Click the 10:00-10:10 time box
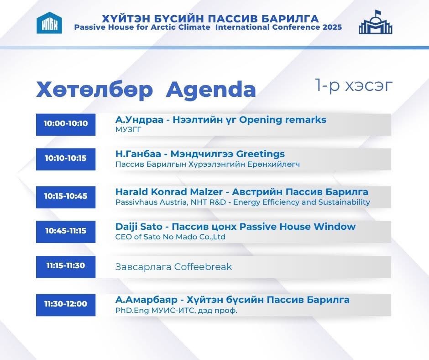[66, 124]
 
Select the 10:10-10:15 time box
[66, 159]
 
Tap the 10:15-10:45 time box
[66, 196]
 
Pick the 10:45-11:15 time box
[66, 231]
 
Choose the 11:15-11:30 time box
[66, 266]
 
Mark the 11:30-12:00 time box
[66, 304]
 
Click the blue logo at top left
[49, 23]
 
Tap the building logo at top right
[375, 22]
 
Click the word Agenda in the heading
[210, 90]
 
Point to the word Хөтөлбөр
[94, 90]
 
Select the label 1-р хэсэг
[353, 85]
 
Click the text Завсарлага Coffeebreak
[173, 267]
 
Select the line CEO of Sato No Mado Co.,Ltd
[170, 237]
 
